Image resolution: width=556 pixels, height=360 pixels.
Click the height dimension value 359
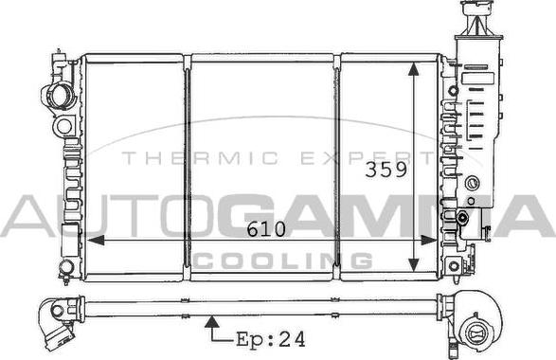click(386, 170)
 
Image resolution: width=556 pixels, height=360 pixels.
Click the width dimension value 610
click(266, 229)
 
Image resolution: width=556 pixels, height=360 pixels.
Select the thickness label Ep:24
click(271, 339)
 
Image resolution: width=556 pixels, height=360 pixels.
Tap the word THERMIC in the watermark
click(200, 158)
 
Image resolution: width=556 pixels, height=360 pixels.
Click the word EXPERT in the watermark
click(368, 158)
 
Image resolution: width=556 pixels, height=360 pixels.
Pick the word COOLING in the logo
click(282, 261)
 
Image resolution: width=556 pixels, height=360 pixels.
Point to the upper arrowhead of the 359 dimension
click(414, 69)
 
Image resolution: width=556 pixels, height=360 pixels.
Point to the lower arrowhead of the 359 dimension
click(414, 264)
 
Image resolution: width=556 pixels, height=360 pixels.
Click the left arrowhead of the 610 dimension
click(96, 240)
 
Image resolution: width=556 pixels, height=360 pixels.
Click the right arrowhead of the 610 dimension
click(428, 240)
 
